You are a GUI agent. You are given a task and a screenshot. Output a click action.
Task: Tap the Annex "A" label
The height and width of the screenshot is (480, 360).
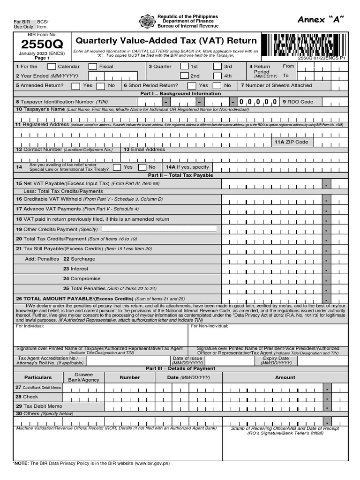pos(321,19)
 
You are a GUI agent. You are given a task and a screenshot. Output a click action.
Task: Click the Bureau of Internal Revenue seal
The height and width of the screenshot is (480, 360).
pos(147,22)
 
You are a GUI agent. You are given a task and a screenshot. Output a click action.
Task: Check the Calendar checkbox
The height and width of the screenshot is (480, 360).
pos(52,67)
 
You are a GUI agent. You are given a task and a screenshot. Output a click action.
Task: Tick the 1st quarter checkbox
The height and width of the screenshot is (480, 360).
pos(185,67)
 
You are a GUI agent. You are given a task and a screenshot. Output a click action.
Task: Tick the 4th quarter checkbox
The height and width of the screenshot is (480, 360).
pos(217,76)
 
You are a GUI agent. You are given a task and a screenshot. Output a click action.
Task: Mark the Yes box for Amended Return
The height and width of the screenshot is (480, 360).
pos(76,86)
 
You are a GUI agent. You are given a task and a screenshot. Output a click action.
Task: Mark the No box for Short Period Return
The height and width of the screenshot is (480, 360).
pos(217,86)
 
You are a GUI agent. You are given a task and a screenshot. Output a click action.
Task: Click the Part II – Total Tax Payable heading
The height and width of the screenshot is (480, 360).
pos(180,175)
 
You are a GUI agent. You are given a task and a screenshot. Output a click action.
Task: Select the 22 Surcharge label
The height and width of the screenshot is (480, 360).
pos(79,259)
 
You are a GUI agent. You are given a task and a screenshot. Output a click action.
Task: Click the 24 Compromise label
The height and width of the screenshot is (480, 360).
pos(82,278)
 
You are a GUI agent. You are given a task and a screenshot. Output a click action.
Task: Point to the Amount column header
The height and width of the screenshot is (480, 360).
pos(285,377)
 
